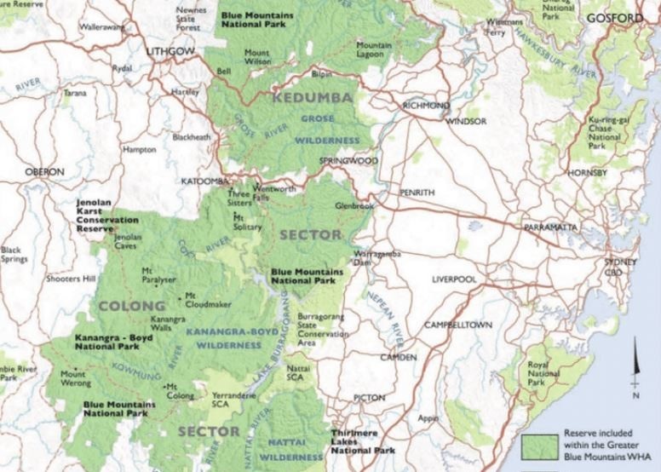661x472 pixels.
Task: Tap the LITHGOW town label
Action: [x=170, y=52]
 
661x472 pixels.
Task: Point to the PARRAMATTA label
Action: [x=551, y=228]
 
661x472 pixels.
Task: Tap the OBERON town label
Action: [x=44, y=171]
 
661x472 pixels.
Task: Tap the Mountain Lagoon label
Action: [x=374, y=49]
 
